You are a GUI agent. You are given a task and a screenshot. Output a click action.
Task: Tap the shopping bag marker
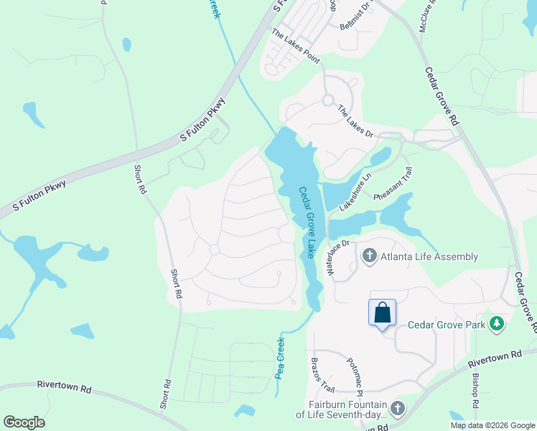(x=382, y=313)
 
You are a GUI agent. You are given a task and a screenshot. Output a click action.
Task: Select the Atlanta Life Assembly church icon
(x=369, y=256)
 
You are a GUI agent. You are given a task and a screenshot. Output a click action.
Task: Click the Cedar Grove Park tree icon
(x=496, y=324)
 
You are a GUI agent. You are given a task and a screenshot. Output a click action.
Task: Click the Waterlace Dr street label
(x=337, y=257)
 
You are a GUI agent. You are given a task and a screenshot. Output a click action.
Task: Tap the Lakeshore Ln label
(x=355, y=192)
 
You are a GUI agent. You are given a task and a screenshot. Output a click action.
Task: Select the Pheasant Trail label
(x=393, y=185)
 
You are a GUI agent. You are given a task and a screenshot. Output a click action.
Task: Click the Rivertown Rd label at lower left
(x=65, y=389)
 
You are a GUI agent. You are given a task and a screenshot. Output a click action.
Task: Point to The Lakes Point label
(x=296, y=46)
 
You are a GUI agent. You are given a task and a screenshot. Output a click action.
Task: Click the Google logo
(x=24, y=422)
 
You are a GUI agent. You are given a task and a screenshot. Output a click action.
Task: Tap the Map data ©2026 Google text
(x=492, y=425)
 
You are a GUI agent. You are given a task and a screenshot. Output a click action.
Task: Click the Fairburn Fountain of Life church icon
(x=397, y=409)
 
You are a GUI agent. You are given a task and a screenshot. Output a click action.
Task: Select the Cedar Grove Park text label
(x=447, y=325)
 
